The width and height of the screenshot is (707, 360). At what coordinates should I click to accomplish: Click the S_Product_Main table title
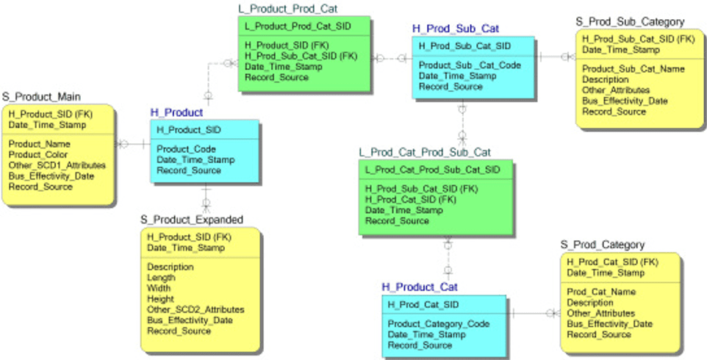pos(41,96)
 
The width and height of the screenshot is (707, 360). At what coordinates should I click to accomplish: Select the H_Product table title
pos(176,112)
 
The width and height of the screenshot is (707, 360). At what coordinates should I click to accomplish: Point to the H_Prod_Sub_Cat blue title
pos(455,29)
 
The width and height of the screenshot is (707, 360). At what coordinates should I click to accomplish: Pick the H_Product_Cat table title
pos(420,287)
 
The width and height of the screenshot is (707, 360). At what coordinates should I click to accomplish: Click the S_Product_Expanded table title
pos(191,220)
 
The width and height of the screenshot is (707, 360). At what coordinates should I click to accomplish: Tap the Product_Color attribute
pos(38,155)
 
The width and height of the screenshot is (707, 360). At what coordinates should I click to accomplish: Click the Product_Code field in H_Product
pos(186,149)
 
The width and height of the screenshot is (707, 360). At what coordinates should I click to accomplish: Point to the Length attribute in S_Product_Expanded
pos(161,278)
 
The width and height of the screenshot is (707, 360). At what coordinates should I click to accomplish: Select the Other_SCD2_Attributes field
pos(195,309)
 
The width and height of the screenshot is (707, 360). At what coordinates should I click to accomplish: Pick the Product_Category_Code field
pos(438,324)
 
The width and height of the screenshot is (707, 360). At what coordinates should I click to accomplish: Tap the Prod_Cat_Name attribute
pos(601,292)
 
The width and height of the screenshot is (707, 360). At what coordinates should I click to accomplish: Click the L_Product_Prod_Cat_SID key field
pos(297,26)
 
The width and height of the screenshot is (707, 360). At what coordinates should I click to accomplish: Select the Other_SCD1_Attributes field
pos(57,166)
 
